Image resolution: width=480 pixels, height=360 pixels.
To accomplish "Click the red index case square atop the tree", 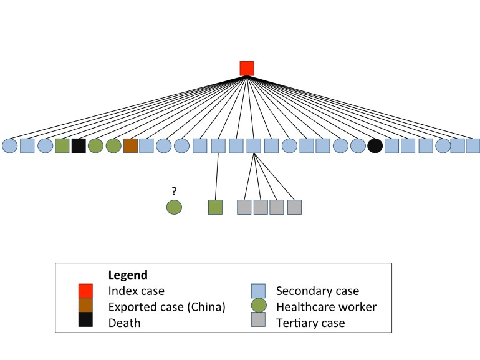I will tap(247, 68).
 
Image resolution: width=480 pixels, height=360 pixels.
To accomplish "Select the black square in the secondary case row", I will tap(78, 146).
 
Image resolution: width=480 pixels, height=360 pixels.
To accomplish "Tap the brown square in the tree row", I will tap(130, 146).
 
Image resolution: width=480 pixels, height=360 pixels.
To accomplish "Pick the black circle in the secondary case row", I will tap(375, 146).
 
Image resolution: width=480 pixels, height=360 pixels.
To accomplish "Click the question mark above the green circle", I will tap(174, 192).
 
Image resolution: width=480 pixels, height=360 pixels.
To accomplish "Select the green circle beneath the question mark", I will tap(174, 207).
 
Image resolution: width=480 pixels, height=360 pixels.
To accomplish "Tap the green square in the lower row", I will tap(215, 207).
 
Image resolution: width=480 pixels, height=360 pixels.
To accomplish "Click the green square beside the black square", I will tap(62, 146).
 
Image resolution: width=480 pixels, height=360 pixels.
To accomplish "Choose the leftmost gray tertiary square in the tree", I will tap(244, 207).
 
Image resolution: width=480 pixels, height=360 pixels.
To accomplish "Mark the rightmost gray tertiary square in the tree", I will tap(294, 207).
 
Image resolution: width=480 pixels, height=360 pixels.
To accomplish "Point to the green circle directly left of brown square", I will tap(113, 146).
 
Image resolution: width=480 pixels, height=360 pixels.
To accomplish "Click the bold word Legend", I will tap(128, 275).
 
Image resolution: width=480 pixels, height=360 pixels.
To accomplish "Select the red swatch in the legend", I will tap(85, 291).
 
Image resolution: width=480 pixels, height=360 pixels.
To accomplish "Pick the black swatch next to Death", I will tap(85, 323).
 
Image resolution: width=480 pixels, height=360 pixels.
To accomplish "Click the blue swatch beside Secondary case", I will tap(258, 291).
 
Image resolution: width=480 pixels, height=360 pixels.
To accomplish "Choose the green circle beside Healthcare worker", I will tap(258, 306).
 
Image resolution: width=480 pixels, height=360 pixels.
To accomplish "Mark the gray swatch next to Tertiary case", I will tap(258, 322).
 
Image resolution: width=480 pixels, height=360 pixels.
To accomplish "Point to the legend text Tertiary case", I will tap(310, 323).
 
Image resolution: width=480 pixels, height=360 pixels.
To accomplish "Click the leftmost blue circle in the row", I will tap(10, 146).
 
